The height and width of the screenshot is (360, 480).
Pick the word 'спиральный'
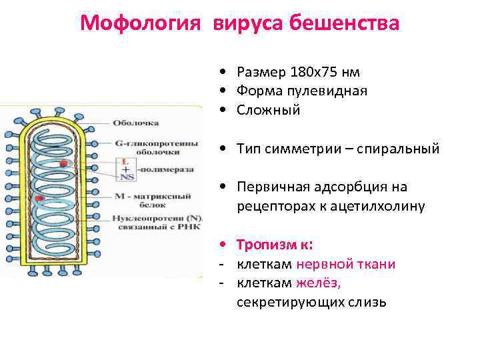(x=402, y=149)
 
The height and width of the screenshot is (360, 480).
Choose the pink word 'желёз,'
(x=318, y=283)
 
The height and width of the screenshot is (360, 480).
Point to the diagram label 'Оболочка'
(x=135, y=123)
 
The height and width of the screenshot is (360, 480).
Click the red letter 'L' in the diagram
(x=124, y=161)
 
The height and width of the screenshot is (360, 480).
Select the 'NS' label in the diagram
(x=125, y=177)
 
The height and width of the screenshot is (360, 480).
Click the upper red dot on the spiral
(x=63, y=163)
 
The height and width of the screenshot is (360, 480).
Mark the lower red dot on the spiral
(x=40, y=198)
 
